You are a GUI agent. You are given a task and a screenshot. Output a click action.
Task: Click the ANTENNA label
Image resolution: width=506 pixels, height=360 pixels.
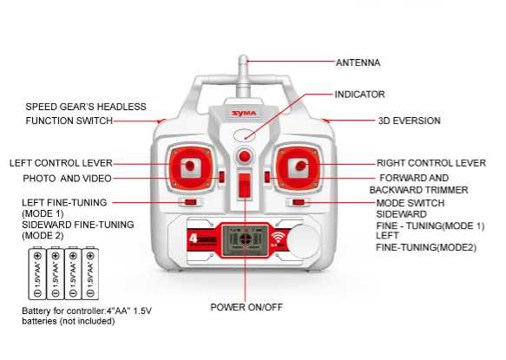(358, 62)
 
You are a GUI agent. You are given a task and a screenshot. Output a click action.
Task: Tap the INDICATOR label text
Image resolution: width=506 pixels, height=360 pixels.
(359, 95)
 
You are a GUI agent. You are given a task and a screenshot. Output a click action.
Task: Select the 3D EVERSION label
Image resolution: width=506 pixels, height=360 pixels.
(409, 121)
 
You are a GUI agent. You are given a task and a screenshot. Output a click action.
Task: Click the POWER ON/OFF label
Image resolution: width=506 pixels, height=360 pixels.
(246, 307)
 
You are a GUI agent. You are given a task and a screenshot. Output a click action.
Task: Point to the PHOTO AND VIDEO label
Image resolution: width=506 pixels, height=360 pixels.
(67, 179)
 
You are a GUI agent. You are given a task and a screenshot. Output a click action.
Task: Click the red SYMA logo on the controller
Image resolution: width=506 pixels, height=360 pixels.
(244, 114)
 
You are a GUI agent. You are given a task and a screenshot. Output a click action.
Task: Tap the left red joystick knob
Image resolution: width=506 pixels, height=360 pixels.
(189, 166)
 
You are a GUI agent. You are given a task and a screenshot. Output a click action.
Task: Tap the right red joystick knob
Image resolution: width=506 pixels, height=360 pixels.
(301, 166)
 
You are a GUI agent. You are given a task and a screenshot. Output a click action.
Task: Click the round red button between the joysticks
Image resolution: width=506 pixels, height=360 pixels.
(245, 156)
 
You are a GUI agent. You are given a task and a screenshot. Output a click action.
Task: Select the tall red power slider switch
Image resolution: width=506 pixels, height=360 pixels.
(245, 185)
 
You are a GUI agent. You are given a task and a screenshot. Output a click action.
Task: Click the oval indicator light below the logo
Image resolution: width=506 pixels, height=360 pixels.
(245, 134)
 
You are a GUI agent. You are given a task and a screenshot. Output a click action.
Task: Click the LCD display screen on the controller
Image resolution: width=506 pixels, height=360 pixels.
(246, 240)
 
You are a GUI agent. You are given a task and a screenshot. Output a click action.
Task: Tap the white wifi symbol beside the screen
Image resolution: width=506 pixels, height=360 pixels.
(279, 238)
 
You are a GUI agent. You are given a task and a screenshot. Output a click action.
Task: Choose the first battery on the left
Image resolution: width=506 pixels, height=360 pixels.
(37, 273)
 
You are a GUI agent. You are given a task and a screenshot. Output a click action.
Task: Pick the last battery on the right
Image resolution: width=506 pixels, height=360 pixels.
(90, 273)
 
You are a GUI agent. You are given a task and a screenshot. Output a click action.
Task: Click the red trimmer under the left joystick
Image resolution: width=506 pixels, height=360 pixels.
(190, 202)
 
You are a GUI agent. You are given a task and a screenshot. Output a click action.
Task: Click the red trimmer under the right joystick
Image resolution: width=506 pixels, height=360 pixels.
(299, 202)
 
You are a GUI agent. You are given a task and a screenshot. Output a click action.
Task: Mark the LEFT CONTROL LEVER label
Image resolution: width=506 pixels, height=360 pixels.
(61, 163)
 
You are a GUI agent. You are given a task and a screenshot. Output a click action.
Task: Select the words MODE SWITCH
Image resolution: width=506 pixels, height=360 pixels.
(411, 203)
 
